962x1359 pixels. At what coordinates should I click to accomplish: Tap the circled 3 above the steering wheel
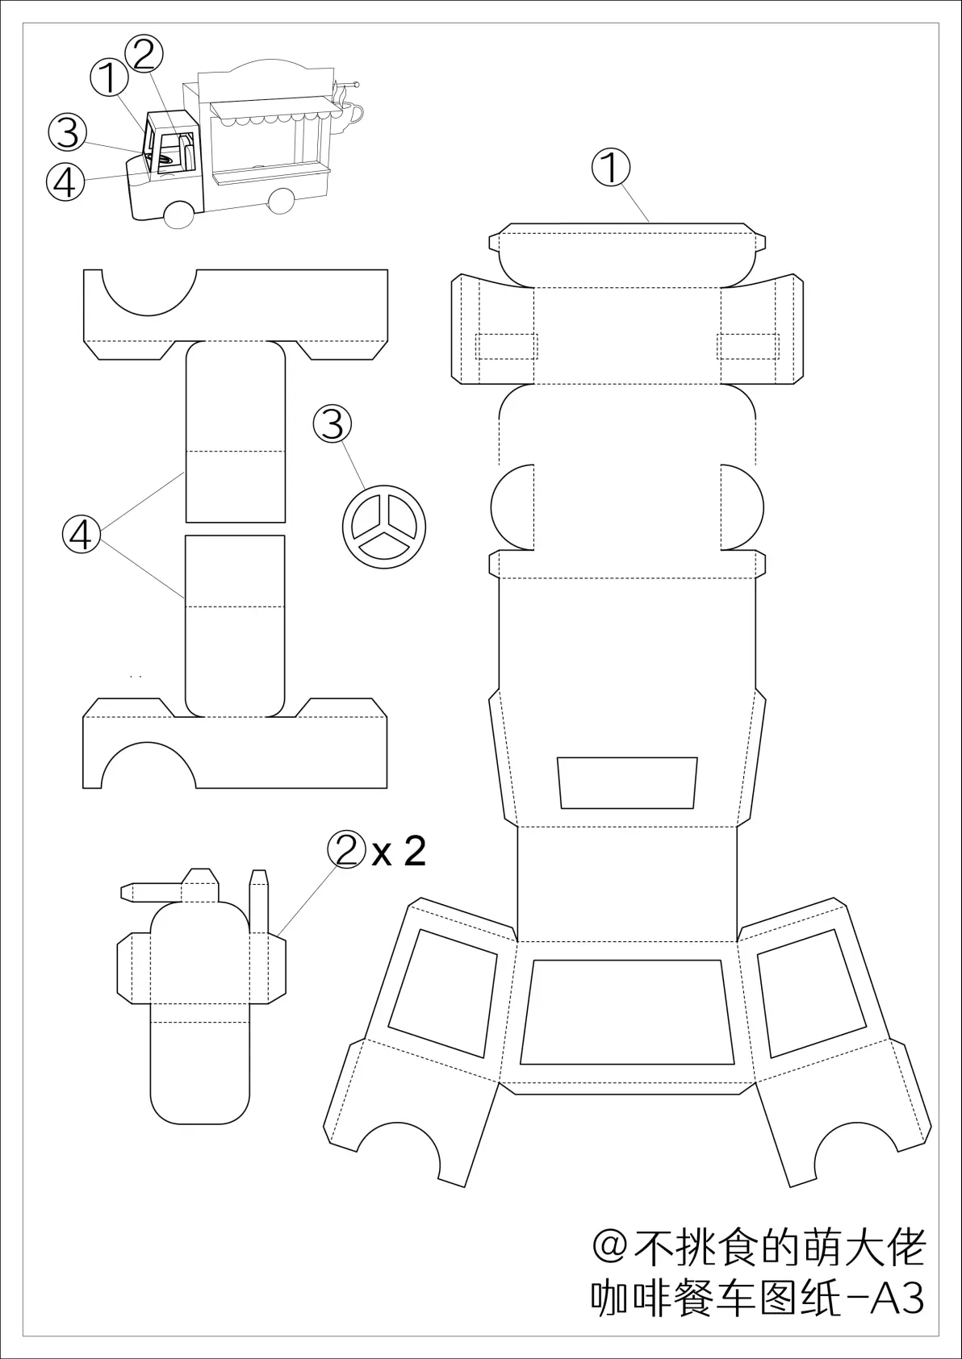click(x=333, y=424)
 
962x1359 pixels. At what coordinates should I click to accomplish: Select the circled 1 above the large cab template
click(x=611, y=168)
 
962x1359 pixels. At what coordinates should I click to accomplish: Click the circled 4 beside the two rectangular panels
click(x=82, y=535)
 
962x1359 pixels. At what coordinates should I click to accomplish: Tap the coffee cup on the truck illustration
click(x=348, y=115)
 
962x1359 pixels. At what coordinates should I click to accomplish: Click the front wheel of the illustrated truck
click(x=178, y=215)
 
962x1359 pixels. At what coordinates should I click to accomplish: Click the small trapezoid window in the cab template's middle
click(x=627, y=782)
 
